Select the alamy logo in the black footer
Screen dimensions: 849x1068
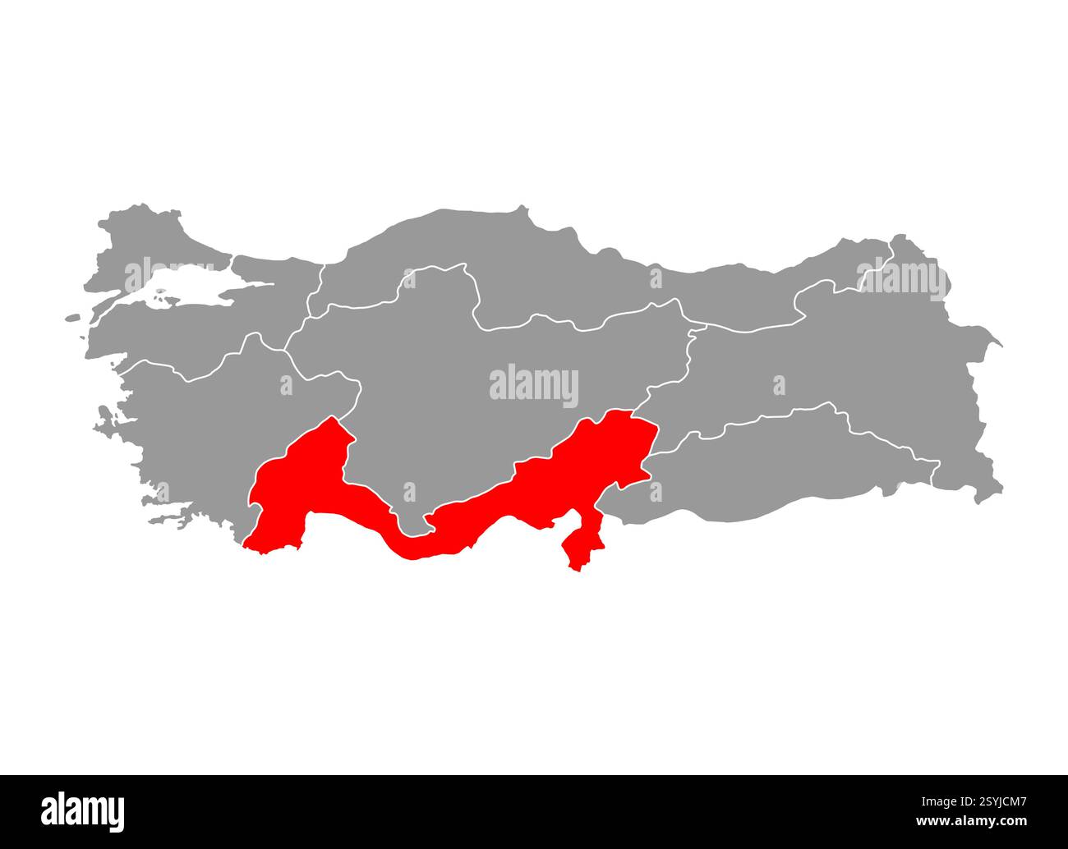tap(83, 811)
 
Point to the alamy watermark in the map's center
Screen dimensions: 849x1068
tap(534, 385)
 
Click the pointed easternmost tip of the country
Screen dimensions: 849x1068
tap(1000, 343)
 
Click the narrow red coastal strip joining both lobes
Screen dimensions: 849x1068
tap(411, 546)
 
